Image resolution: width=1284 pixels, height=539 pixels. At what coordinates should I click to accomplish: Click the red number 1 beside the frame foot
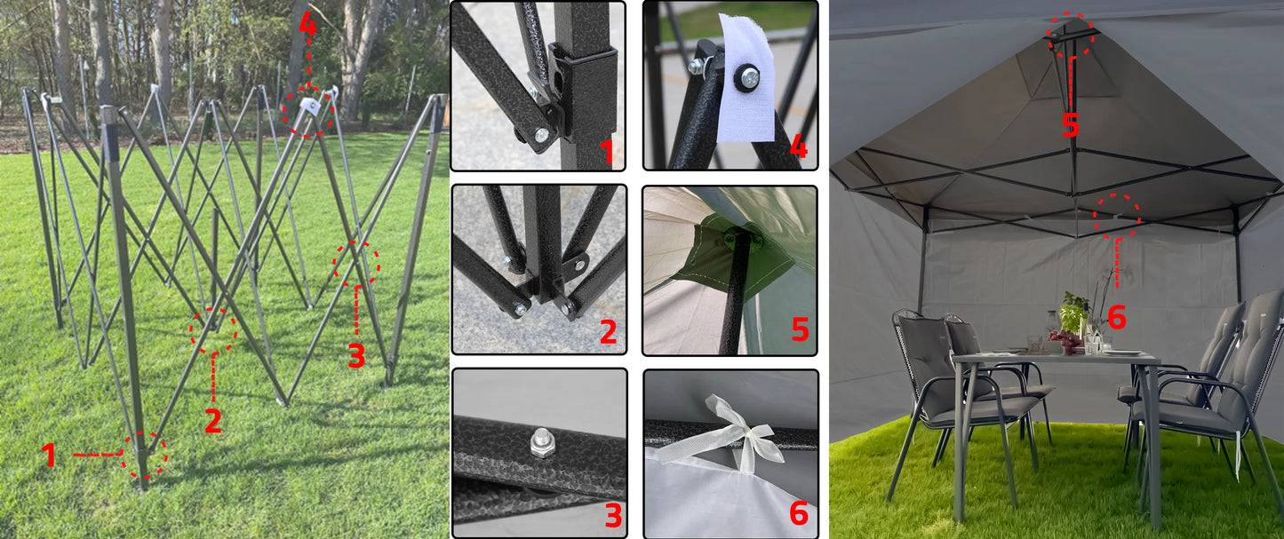49,455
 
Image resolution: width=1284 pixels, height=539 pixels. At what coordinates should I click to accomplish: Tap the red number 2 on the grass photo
213,421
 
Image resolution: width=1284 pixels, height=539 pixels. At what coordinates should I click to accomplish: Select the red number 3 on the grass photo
356,356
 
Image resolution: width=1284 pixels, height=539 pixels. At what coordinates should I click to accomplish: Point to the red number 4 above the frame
307,25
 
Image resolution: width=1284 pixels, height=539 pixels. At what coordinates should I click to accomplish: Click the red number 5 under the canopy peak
1071,124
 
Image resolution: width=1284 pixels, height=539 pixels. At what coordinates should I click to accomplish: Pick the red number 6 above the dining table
1117,317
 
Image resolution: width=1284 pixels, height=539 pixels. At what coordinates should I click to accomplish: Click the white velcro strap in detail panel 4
746,78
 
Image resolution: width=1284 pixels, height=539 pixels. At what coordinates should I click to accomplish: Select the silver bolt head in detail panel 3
540,443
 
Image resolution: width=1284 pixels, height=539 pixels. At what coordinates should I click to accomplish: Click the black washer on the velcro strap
747,76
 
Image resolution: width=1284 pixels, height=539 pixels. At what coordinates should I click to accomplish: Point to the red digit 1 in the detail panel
607,152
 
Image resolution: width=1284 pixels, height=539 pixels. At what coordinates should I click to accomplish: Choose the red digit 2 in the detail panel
609,331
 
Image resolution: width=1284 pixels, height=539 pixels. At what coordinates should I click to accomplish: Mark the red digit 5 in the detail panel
800,329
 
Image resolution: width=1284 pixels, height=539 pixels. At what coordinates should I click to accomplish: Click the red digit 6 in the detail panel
799,513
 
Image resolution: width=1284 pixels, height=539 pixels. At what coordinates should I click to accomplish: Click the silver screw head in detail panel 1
541,135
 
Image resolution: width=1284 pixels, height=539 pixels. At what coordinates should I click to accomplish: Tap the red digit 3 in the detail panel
613,516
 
